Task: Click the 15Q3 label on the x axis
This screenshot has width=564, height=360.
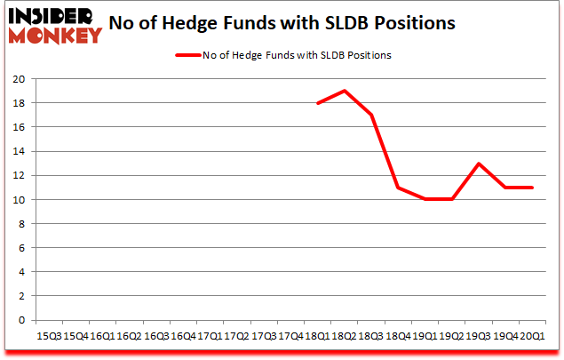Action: tap(48, 336)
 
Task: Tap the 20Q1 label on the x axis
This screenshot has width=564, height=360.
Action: tap(533, 336)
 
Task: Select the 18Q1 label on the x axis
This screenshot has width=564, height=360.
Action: tap(317, 336)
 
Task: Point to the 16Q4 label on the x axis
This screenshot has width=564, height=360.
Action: tap(183, 336)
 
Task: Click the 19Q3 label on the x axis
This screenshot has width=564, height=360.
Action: tap(479, 336)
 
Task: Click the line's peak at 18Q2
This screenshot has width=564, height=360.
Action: tap(344, 91)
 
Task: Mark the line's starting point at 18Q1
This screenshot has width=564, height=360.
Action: tap(317, 103)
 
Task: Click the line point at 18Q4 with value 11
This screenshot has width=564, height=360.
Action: tap(398, 188)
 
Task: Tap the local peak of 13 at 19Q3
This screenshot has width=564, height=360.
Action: tap(479, 164)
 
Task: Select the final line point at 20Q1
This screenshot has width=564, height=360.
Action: tap(533, 188)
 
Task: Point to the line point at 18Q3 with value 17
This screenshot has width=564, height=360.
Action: tap(371, 115)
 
